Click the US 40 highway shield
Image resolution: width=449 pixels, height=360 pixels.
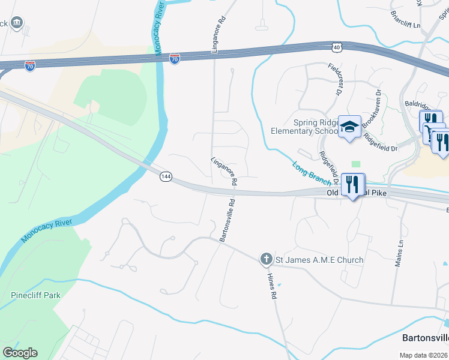[x=337, y=46]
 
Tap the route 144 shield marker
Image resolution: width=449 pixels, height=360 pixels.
[x=166, y=176]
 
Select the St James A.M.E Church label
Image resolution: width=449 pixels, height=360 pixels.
[x=319, y=260]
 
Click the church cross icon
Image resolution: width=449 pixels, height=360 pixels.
[x=266, y=259]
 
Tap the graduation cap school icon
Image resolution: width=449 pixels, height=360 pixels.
[x=349, y=127]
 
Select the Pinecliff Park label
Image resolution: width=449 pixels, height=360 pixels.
[x=35, y=295]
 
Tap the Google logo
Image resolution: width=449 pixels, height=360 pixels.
[x=20, y=353]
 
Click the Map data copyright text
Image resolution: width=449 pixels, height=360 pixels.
[x=424, y=355]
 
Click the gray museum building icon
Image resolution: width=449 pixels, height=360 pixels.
[x=16, y=23]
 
